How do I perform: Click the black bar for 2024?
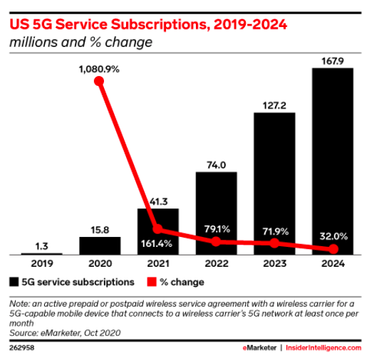(333, 162)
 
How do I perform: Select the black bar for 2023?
(274, 184)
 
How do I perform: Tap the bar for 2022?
(216, 213)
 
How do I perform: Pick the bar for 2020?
(100, 246)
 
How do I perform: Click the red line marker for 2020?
(99, 81)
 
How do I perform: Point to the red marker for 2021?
(157, 229)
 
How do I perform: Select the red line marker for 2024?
(333, 249)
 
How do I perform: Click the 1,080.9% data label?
(99, 69)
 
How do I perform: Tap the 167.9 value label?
(333, 61)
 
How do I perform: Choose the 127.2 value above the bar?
(274, 105)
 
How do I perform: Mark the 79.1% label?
(217, 229)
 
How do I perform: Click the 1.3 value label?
(41, 246)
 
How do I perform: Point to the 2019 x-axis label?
(42, 263)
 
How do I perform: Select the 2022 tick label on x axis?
(217, 263)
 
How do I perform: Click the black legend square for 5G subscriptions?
(14, 282)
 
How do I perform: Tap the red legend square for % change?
(152, 282)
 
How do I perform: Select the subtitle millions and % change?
(80, 42)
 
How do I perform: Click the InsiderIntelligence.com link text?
(323, 348)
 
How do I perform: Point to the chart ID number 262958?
(22, 348)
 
